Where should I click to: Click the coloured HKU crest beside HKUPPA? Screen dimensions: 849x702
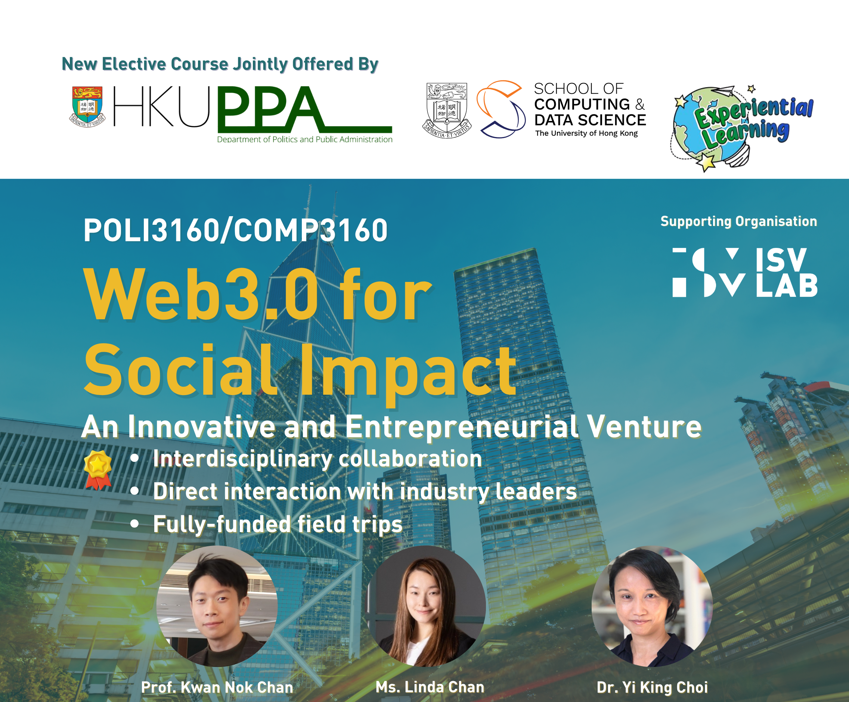point(87,107)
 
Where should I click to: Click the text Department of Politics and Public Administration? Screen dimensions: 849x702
point(305,139)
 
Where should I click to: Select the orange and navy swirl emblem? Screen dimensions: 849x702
point(501,109)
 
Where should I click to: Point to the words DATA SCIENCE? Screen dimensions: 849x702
point(590,120)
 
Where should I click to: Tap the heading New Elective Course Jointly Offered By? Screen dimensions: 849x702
point(220,64)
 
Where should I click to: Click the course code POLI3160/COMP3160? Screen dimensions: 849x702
point(235,230)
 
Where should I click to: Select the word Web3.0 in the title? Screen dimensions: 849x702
point(201,295)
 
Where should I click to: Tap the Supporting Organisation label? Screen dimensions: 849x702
point(739,221)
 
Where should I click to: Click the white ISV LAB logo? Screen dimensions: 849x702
point(745,272)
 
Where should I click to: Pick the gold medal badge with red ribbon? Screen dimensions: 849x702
point(98,470)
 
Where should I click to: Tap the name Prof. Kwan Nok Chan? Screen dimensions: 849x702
point(217,687)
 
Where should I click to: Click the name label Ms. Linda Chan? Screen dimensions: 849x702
point(430,687)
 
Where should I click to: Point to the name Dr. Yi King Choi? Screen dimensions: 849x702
point(652,687)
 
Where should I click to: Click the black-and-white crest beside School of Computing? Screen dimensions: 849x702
point(447,110)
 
